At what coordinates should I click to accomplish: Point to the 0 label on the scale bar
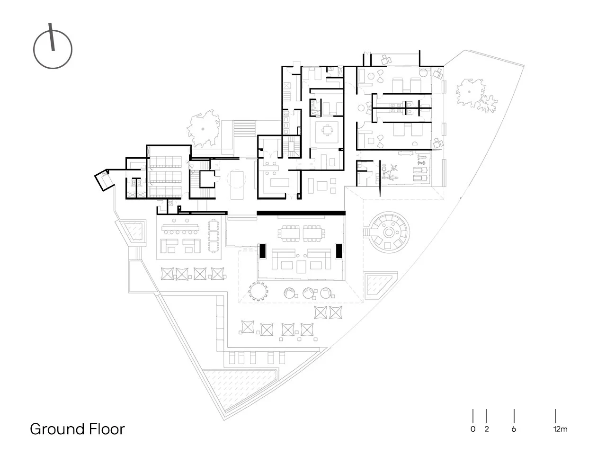[x=472, y=429]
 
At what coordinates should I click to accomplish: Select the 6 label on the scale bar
[x=514, y=429]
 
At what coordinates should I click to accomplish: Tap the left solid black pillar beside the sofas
[x=262, y=251]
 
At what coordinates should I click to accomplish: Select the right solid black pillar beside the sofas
[x=339, y=251]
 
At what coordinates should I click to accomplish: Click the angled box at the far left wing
[x=102, y=179]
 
